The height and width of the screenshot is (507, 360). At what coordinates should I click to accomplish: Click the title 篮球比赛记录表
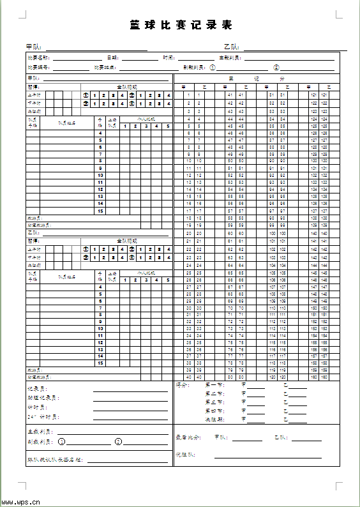click(x=181, y=26)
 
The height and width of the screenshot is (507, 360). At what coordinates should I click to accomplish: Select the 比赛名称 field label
click(x=39, y=57)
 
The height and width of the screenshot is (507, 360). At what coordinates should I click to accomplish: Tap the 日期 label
click(x=113, y=57)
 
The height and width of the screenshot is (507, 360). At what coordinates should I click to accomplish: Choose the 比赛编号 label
click(x=39, y=67)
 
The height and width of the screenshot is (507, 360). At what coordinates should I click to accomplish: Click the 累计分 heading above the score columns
click(x=257, y=79)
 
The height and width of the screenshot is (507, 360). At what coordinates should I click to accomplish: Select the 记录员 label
click(x=37, y=389)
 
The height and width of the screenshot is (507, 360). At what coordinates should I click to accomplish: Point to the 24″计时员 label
click(x=43, y=417)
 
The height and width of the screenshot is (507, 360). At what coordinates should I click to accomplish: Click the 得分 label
click(x=183, y=385)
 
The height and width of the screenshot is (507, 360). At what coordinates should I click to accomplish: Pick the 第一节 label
click(x=213, y=385)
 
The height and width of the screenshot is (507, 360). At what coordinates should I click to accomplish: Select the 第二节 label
click(x=213, y=393)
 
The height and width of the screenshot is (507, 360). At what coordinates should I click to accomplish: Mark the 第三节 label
click(x=213, y=402)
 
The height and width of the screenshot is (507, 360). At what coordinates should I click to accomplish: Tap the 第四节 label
click(x=213, y=410)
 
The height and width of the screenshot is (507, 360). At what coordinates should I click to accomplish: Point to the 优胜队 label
click(x=185, y=455)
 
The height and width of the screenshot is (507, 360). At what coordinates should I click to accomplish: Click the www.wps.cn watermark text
click(x=21, y=502)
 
